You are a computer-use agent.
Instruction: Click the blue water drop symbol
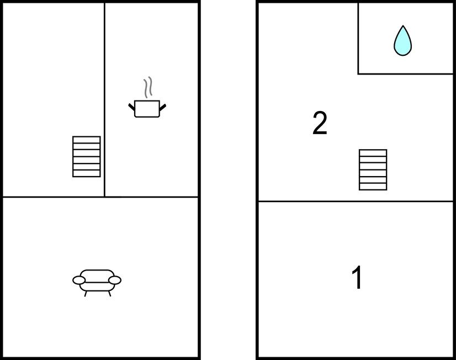tap(403, 41)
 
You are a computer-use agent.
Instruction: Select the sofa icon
tap(97, 283)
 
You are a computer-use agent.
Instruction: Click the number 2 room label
tap(320, 123)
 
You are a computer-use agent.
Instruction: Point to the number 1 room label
tap(357, 277)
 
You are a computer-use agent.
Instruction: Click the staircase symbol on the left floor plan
tap(86, 156)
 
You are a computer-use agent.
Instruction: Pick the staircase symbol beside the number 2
tap(373, 170)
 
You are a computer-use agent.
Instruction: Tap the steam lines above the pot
tap(148, 87)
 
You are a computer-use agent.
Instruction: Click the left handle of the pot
tap(132, 107)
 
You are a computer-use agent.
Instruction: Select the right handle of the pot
tap(163, 107)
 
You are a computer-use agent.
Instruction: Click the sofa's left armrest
tap(79, 280)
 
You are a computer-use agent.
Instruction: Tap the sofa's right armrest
tap(115, 280)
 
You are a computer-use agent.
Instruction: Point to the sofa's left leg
tap(86, 294)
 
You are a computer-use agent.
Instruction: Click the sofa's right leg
tap(110, 294)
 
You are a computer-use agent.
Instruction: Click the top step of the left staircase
tap(86, 140)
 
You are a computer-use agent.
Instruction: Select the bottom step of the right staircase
tap(373, 187)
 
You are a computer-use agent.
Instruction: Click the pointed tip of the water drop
tap(403, 25)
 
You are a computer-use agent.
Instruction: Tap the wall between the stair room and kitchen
tap(104, 100)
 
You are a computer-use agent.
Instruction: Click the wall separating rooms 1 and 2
tap(356, 201)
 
